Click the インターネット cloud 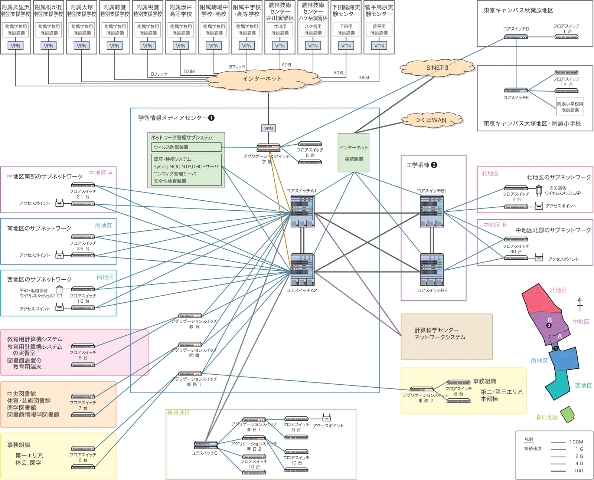pos(262,79)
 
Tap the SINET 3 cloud pos(437,68)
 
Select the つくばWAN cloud pos(431,120)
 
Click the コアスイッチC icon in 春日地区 pos(205,445)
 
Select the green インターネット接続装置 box pos(353,153)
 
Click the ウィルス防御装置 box pos(186,147)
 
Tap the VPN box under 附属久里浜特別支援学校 pos(16,46)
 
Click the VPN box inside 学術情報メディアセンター pos(268,128)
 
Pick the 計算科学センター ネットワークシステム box pos(447,336)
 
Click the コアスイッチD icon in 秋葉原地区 pos(516,37)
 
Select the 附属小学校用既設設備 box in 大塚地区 pos(570,107)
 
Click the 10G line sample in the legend pos(558,471)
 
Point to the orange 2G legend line pos(558,457)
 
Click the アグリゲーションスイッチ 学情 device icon pos(268,148)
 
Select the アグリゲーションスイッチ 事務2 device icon pos(421,389)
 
